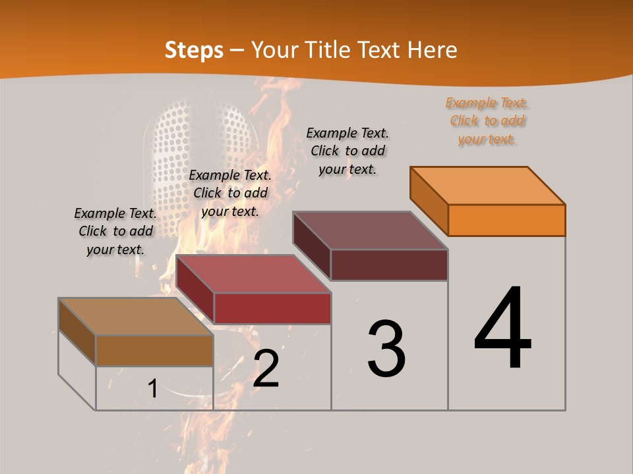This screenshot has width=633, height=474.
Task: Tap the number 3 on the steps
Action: [386, 349]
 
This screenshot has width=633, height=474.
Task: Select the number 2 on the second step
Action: [266, 369]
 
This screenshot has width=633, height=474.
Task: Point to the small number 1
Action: [153, 389]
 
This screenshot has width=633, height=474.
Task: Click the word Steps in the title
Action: [194, 50]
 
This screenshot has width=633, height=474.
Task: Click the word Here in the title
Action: [433, 50]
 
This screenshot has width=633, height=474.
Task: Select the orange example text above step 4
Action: [487, 120]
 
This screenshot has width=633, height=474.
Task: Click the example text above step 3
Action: [347, 151]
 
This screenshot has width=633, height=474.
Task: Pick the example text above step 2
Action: [230, 193]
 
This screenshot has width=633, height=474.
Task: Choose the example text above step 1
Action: [115, 231]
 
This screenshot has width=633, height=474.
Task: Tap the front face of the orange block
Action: [506, 220]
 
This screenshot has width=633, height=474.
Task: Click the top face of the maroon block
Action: [370, 230]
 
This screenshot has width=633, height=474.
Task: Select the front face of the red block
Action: [272, 308]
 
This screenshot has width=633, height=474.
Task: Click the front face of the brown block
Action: [154, 350]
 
